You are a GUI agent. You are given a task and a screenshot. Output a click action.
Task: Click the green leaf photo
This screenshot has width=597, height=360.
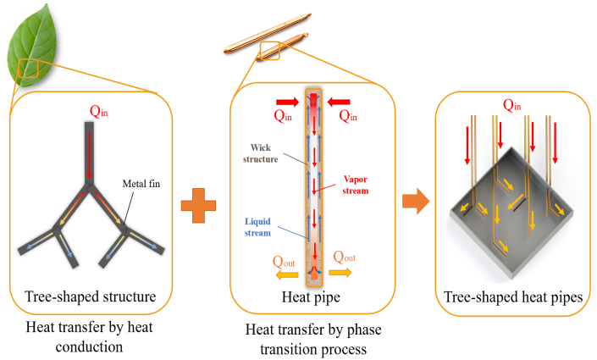pos(32,46)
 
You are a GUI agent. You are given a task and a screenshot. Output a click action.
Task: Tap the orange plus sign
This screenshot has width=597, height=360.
pos(198,205)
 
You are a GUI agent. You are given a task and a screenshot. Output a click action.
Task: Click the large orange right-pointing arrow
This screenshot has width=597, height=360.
pos(416,201)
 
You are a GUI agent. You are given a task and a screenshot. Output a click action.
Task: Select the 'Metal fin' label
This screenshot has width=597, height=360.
pos(141,184)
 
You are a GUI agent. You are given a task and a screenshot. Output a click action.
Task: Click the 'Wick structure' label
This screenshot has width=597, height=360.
pos(261,153)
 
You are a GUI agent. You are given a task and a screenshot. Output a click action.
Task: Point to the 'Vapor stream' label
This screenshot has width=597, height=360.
pos(355,185)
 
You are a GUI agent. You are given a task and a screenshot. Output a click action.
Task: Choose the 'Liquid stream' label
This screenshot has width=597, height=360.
pos(257,227)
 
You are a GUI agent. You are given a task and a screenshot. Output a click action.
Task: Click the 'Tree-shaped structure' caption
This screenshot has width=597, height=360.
pos(91,296)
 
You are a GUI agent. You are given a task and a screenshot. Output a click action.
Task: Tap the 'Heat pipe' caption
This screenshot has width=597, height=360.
pos(311,296)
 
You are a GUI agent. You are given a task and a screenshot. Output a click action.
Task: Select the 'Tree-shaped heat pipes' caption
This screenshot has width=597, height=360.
pos(513,296)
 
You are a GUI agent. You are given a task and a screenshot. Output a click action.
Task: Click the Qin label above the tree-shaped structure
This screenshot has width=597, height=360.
pos(98,111)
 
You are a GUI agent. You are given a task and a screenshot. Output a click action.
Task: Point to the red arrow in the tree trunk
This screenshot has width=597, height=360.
pos(90,155)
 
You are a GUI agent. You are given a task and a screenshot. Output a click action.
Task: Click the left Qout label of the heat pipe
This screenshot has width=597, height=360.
pos(284,262)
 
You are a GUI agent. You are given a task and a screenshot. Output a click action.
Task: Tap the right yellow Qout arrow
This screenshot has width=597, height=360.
pos(340,273)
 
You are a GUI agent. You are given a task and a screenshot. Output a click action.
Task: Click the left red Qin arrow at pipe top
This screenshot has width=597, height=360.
pos(288,102)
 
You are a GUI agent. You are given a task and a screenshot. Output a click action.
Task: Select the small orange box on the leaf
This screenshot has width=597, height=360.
pos(29,69)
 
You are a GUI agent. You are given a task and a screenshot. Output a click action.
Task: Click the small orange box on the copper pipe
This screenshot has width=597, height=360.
pos(270,51)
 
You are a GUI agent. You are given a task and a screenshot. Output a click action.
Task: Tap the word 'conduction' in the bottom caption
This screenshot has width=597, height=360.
pos(89,347)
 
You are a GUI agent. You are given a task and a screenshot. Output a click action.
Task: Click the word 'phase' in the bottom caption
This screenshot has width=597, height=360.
pos(362,330)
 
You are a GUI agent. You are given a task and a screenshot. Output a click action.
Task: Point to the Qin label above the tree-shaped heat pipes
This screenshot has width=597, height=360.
pos(512,105)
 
